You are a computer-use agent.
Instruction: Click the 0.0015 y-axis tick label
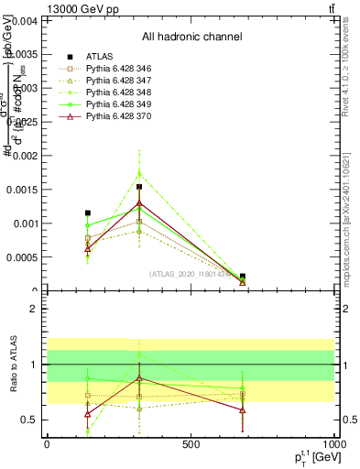point(22,190)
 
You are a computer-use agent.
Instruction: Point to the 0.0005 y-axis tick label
point(22,257)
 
